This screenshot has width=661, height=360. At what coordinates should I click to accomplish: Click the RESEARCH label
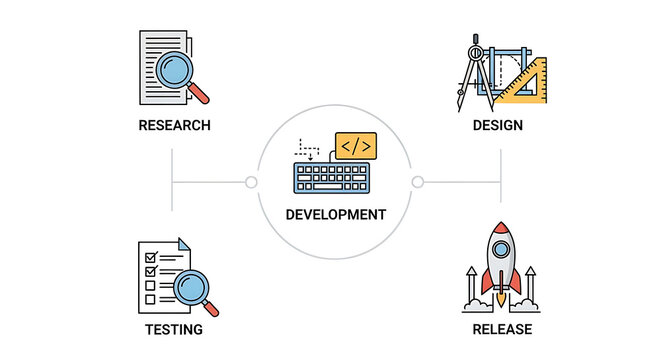[175, 126]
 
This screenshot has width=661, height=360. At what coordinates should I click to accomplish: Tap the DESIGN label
[498, 126]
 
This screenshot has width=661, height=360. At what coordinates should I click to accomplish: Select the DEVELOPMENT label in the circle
[335, 214]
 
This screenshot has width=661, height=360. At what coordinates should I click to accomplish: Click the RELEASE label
[502, 329]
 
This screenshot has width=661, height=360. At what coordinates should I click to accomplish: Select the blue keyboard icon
[332, 178]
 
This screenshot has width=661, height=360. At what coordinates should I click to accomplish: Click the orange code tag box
[355, 147]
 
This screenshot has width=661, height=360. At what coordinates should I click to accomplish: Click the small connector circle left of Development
[251, 182]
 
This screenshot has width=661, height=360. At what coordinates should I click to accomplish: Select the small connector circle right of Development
[418, 182]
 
